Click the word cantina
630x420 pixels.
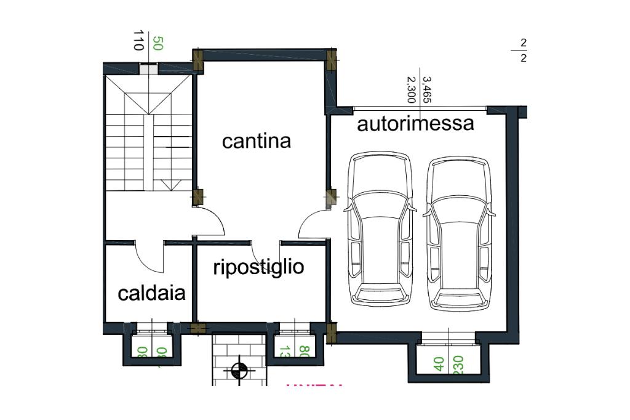coord(256,141)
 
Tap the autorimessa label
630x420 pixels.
coord(415,124)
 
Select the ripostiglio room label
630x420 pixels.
coord(258,267)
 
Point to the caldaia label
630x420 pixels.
coord(151,293)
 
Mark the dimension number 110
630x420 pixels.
coord(138,41)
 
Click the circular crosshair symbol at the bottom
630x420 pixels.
coord(239,371)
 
